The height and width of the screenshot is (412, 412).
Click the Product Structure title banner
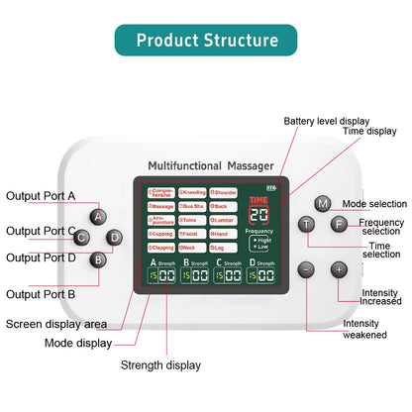206,41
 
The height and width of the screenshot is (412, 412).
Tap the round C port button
82,238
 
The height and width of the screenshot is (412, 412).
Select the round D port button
114,238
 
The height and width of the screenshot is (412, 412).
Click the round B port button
98,259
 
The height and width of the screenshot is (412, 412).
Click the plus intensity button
338,268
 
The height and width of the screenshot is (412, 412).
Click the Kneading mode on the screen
193,191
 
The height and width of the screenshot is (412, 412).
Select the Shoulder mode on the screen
226,191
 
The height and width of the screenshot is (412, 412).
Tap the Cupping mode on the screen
160,234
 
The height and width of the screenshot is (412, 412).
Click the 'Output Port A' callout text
41,196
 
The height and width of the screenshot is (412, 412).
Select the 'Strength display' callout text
161,364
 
